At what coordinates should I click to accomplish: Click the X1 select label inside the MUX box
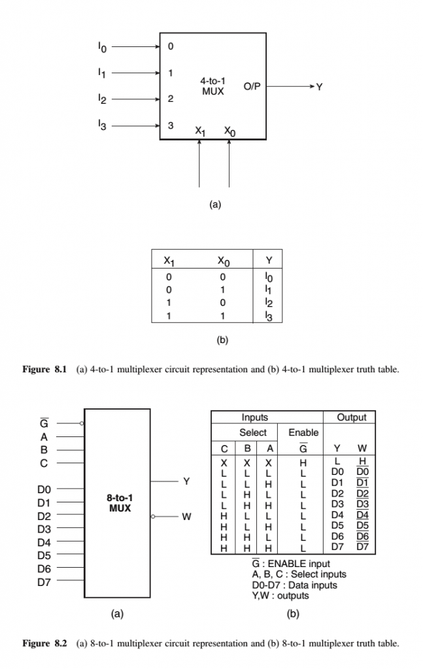200,131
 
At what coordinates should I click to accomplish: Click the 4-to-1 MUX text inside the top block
213,86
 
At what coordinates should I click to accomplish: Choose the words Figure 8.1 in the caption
45,370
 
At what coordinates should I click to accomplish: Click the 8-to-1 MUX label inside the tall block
120,502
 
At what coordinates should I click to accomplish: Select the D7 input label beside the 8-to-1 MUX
44,581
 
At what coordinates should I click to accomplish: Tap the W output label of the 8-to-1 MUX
186,517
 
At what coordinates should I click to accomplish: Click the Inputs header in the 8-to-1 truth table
254,417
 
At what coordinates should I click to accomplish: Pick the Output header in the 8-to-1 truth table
351,417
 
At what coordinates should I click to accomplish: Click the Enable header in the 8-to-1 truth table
303,432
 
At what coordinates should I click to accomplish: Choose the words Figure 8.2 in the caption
45,644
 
